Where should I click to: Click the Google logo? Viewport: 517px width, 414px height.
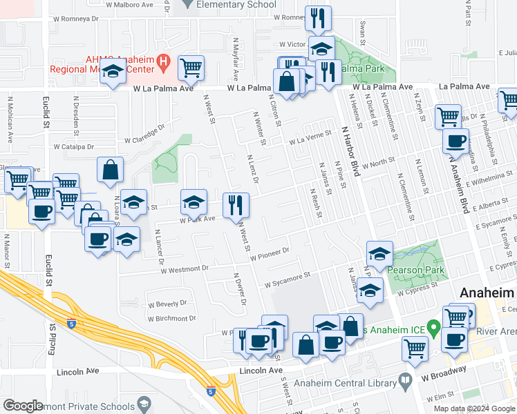(x=23, y=406)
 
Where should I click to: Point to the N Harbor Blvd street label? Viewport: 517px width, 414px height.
(x=350, y=143)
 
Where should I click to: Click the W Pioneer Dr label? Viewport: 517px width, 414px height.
(x=269, y=255)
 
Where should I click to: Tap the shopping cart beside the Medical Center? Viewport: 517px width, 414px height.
(x=191, y=68)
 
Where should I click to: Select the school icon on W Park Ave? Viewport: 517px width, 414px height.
(x=194, y=202)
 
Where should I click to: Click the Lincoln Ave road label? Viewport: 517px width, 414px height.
(x=261, y=371)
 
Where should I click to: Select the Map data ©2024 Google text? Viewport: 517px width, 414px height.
(x=473, y=408)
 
